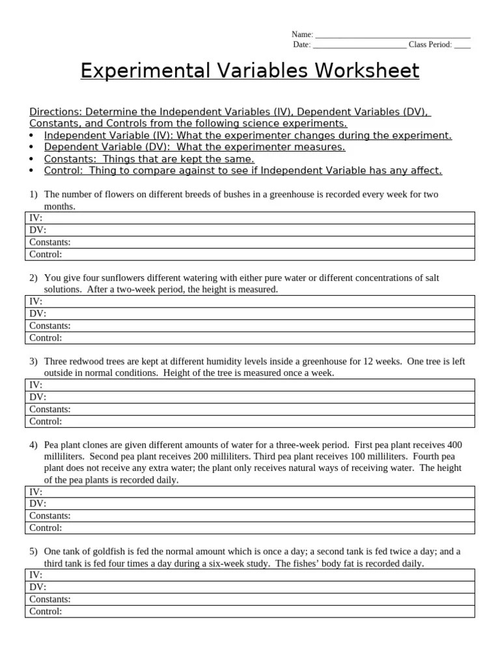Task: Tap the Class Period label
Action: pos(430,45)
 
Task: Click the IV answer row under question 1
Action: pos(250,218)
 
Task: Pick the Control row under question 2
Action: pos(250,337)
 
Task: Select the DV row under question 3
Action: pos(250,397)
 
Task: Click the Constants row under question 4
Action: pos(250,516)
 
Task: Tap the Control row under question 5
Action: pos(250,612)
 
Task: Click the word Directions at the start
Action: pos(55,111)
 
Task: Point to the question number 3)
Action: pos(33,362)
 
